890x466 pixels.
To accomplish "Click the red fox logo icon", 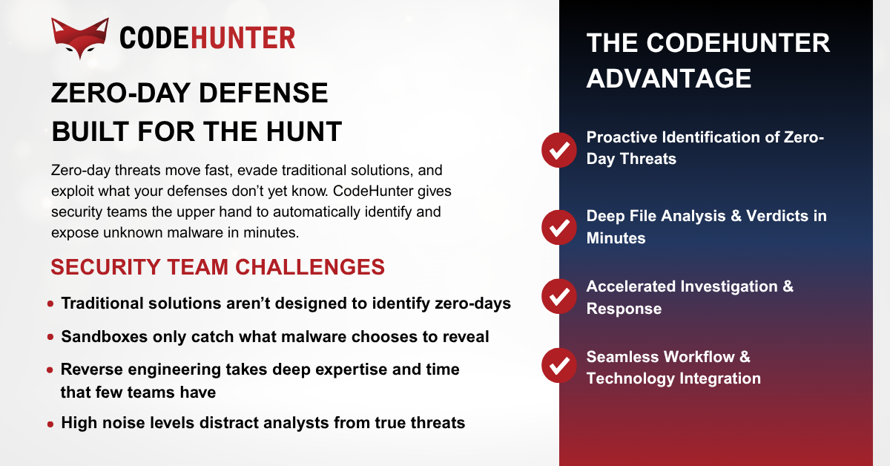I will click(80, 38).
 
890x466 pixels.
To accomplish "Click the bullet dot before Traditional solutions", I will click(50, 304).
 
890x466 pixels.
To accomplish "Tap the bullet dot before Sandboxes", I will click(50, 338).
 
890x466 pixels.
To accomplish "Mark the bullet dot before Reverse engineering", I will click(50, 370).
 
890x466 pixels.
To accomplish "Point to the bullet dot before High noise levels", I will click(50, 424).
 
